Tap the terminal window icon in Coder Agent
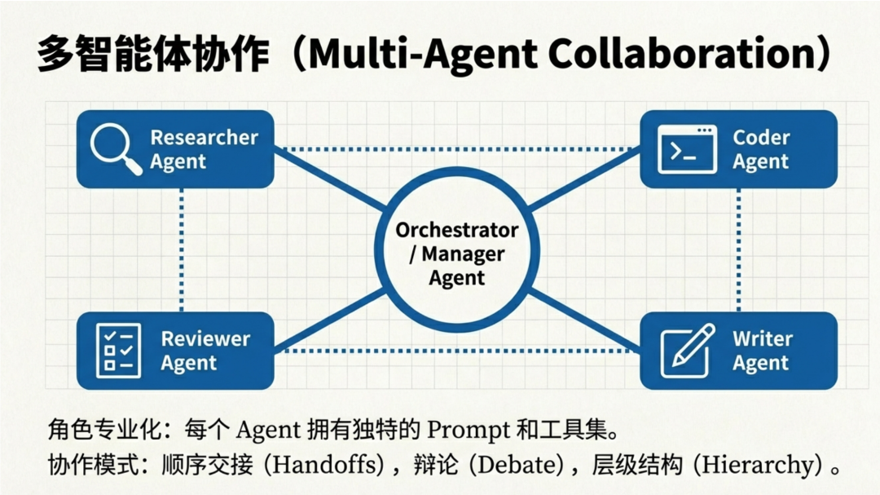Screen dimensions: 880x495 [x=687, y=149]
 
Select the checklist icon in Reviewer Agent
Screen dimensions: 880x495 [x=118, y=350]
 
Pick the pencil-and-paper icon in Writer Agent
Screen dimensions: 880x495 [x=687, y=350]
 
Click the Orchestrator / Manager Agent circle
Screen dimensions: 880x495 [x=456, y=254]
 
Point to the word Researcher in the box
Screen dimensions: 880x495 [x=204, y=138]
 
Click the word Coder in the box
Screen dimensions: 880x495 [x=761, y=138]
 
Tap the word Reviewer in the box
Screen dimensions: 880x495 [x=205, y=338]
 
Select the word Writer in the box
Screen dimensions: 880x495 [x=762, y=338]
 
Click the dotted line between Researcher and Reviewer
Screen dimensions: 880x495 [x=181, y=250]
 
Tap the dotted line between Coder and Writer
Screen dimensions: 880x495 [x=738, y=250]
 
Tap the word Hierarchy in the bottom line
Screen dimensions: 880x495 [x=760, y=466]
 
